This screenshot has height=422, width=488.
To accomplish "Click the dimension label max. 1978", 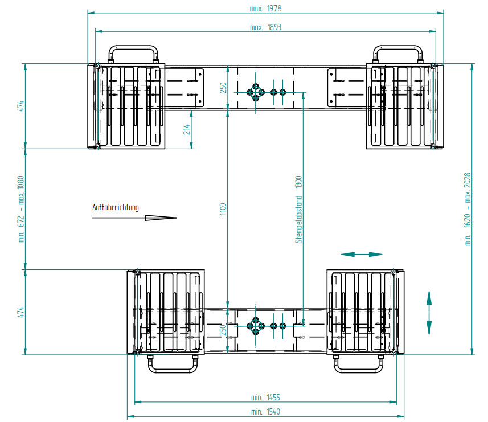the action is (265, 9).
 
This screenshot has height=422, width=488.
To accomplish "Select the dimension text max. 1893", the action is (265, 27).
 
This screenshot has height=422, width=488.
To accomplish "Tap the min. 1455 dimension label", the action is (265, 398).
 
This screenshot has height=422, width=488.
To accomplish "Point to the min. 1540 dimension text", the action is (265, 412).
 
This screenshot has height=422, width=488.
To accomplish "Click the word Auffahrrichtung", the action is (116, 207).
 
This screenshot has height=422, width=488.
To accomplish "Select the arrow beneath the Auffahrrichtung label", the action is (134, 218).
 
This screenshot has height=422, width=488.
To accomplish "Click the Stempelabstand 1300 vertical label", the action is (298, 210).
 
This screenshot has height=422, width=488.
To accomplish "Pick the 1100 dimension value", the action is (223, 209).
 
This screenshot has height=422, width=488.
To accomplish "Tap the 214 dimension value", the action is (186, 129).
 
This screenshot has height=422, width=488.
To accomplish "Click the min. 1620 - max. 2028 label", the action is (468, 209).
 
